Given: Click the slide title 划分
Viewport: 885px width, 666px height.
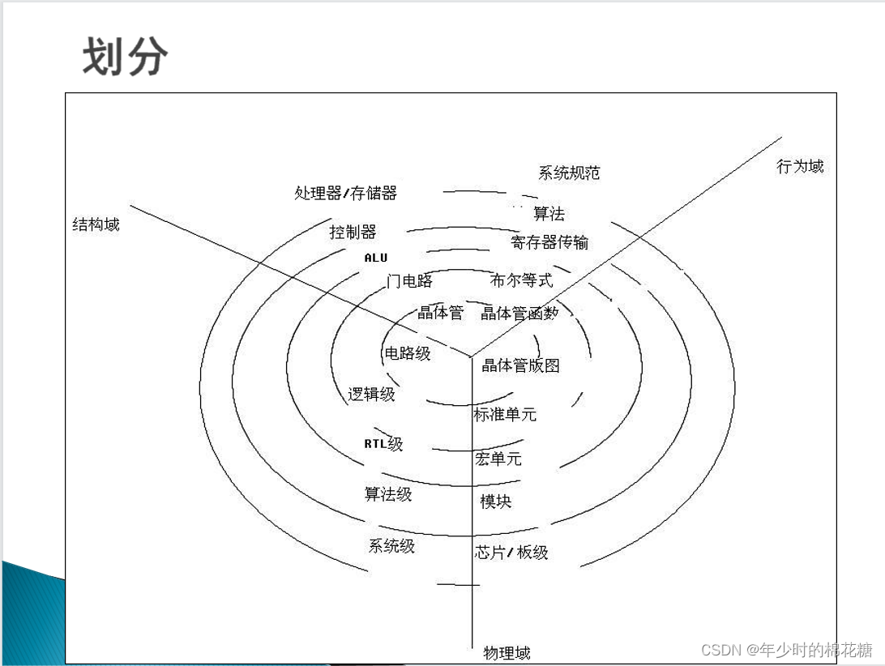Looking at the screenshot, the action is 125,57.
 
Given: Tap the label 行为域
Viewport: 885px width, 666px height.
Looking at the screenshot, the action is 800,166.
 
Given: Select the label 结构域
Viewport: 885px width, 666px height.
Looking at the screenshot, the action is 96,224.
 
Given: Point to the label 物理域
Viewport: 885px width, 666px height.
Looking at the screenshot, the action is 507,652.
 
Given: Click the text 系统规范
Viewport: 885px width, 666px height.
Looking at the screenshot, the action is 569,173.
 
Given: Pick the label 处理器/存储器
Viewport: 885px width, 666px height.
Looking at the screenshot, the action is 345,193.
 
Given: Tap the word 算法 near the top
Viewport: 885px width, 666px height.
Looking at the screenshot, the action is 549,214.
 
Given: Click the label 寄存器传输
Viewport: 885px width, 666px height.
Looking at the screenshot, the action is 549,242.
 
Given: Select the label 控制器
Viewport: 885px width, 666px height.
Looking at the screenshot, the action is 353,232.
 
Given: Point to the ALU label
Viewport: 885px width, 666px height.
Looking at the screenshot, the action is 376,258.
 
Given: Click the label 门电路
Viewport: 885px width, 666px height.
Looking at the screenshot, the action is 409,281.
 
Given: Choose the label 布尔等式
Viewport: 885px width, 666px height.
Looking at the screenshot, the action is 521,280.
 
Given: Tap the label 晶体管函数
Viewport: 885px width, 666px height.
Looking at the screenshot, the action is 519,313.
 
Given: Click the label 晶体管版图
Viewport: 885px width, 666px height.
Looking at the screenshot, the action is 520,365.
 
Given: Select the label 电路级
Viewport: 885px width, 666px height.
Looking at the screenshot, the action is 408,352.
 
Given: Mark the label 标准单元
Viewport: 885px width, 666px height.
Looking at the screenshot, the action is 505,414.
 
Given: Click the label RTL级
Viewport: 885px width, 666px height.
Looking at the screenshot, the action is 383,444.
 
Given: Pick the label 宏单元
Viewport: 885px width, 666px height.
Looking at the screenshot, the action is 498,459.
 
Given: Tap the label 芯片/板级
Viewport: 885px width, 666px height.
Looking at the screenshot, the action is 511,553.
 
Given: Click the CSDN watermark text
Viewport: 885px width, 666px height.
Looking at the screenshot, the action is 786,650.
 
